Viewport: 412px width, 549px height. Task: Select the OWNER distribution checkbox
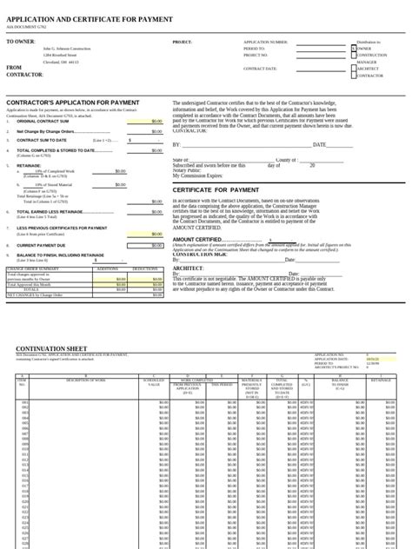[355, 49]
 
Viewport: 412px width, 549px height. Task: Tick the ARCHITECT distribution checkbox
[355, 69]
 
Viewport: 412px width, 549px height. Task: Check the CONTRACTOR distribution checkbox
[355, 76]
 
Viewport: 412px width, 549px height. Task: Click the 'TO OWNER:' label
[21, 42]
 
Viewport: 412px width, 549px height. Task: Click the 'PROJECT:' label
[182, 42]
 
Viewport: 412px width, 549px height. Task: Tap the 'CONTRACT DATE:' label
[260, 68]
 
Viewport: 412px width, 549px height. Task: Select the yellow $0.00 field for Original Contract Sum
[144, 122]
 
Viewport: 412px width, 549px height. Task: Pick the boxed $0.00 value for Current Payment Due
[144, 246]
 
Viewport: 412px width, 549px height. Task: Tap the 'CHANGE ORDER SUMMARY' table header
[34, 269]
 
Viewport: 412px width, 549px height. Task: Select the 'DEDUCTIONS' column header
[145, 269]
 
